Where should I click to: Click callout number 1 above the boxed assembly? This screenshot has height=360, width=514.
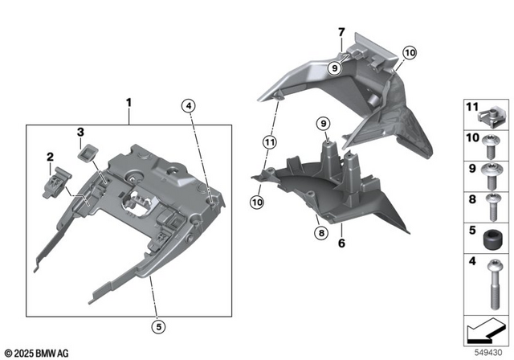pyautogui.click(x=128, y=104)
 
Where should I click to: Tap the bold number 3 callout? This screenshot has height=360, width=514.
pyautogui.click(x=80, y=131)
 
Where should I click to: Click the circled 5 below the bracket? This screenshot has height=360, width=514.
pyautogui.click(x=160, y=325)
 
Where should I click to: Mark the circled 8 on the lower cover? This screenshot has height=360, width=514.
pyautogui.click(x=320, y=233)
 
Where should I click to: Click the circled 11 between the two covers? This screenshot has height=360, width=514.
pyautogui.click(x=267, y=142)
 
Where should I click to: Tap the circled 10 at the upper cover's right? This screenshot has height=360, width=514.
pyautogui.click(x=409, y=52)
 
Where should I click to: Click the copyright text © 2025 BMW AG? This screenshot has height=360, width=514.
pyautogui.click(x=37, y=352)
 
